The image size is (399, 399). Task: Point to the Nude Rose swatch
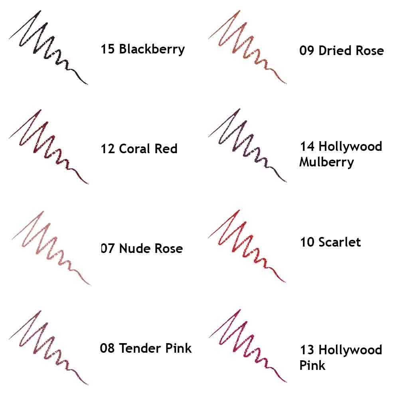click(49, 247)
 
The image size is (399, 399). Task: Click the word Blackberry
click(152, 49)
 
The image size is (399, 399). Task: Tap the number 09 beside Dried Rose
click(307, 51)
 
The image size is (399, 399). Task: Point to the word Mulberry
click(326, 162)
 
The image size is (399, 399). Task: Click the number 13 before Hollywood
click(307, 350)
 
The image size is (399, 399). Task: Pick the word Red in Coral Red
click(166, 149)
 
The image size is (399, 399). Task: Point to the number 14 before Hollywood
click(307, 146)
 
